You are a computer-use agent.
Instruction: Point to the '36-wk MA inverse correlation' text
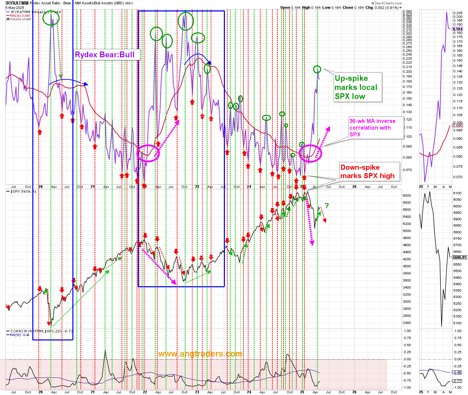click(373, 128)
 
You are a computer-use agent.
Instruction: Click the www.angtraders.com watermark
click(200, 354)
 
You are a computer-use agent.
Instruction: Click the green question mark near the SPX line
click(327, 205)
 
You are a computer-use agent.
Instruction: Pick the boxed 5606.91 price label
click(460, 257)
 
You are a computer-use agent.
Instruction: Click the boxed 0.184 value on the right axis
click(458, 29)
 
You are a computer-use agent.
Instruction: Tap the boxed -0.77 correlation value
click(458, 381)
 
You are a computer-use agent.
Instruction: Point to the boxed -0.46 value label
click(458, 372)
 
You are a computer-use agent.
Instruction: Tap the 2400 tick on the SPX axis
click(406, 323)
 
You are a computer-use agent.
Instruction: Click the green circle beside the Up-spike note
click(317, 69)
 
